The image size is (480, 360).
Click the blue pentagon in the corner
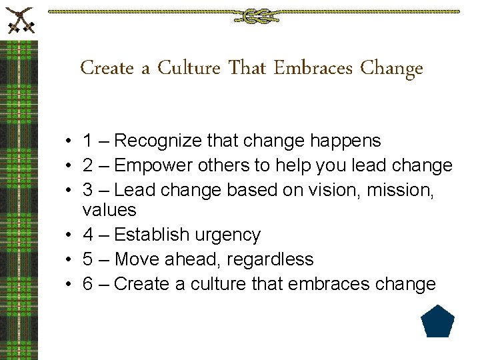[438, 322]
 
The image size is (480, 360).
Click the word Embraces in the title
[313, 68]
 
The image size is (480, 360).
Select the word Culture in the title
[189, 68]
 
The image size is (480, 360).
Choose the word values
[109, 211]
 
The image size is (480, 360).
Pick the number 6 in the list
[88, 284]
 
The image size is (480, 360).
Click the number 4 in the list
[88, 235]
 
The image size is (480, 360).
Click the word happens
[345, 141]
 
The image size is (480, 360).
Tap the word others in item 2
[221, 165]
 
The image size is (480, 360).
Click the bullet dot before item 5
[69, 260]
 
